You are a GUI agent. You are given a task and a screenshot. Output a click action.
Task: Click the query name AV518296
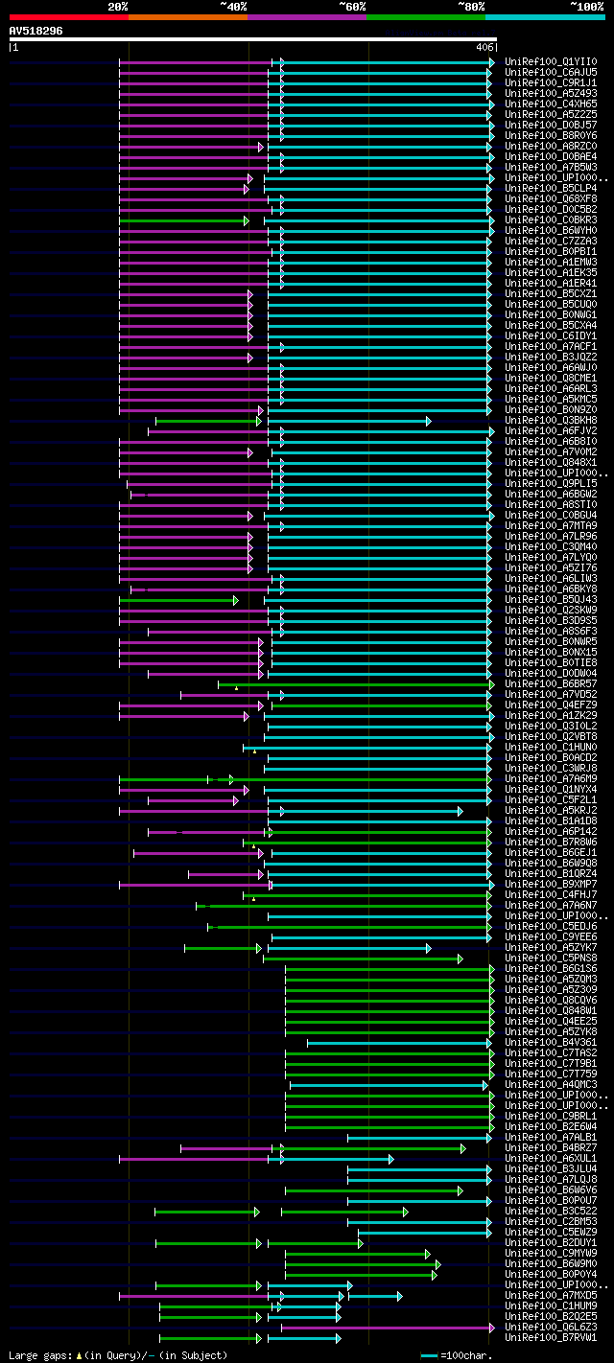[x=35, y=31]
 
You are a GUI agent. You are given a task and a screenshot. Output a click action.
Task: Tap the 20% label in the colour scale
[x=118, y=7]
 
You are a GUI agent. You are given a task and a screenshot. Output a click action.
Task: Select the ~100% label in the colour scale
[x=587, y=7]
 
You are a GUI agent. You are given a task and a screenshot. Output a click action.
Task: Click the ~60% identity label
[x=352, y=7]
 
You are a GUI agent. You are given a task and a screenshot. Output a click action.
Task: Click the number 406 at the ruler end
[x=484, y=47]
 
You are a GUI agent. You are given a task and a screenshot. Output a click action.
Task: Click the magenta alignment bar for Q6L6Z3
[x=384, y=1328]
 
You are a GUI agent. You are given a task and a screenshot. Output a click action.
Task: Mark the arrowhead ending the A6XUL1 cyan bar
[x=390, y=1159]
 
